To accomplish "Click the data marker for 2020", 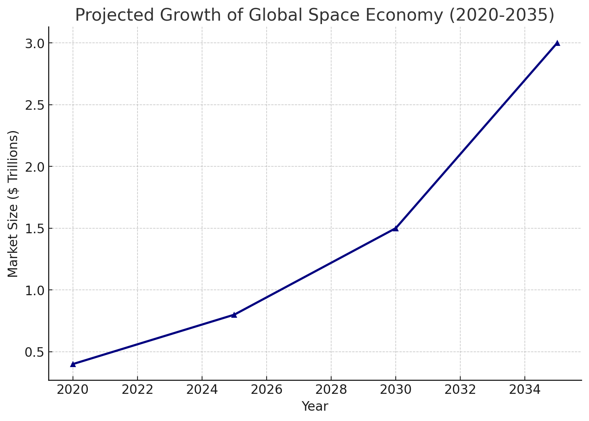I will tap(73, 364).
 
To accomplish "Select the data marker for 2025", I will tap(234, 315).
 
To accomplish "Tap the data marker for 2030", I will tap(396, 228).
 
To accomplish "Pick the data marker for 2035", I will tap(557, 43).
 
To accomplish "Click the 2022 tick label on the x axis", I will tap(137, 390).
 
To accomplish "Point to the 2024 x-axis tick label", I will tap(202, 390).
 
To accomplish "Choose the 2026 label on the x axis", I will tap(266, 390).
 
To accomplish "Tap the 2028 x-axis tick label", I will tap(331, 390).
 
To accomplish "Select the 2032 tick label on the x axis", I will tap(460, 390).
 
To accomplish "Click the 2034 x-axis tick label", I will tap(525, 390).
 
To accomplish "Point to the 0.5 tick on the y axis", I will tap(35, 352).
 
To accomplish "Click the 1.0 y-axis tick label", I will tap(35, 290).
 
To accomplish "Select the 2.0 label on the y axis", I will tap(35, 167).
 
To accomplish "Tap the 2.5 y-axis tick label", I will tap(35, 105).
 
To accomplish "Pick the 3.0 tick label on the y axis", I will tap(35, 43).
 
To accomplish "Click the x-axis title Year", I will tap(315, 406).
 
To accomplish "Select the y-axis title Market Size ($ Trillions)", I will tap(13, 204).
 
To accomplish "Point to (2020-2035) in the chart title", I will tap(501, 15).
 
